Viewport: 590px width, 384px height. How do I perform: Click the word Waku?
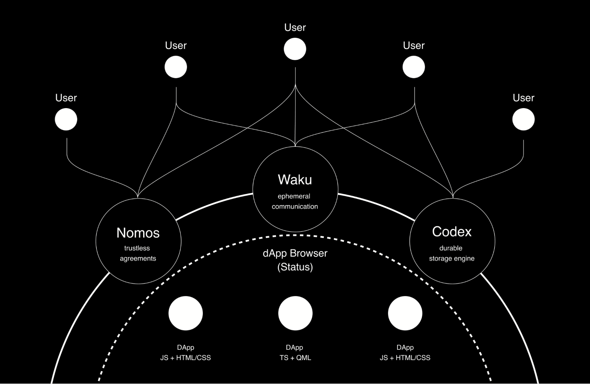(x=295, y=180)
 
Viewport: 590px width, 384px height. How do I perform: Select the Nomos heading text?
(x=138, y=233)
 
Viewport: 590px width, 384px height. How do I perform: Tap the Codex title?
(x=452, y=232)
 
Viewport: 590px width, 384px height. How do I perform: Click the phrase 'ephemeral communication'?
(x=295, y=201)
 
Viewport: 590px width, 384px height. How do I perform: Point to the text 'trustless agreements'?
(x=138, y=253)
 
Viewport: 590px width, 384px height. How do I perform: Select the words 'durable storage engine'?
(x=451, y=253)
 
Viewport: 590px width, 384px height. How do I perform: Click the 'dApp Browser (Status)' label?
(x=295, y=260)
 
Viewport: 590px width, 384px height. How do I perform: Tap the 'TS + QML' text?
(x=295, y=358)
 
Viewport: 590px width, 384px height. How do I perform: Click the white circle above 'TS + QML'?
(x=295, y=313)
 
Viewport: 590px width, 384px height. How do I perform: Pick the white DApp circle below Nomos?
(x=186, y=313)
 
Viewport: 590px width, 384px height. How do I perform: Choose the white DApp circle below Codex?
(x=405, y=313)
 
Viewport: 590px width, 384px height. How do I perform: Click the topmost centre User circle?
(x=295, y=49)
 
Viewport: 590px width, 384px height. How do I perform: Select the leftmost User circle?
(x=66, y=119)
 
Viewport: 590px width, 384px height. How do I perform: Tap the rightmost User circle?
(x=523, y=119)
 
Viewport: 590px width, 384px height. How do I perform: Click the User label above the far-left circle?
(x=66, y=98)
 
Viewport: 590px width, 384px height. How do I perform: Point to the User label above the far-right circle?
(x=523, y=98)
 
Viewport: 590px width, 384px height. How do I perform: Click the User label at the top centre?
(x=295, y=27)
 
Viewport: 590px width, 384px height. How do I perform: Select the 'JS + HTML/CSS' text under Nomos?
(x=186, y=358)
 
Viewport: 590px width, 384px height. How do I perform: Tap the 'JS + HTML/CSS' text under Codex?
(x=405, y=358)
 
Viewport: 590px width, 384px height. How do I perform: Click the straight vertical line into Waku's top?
(x=295, y=118)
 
